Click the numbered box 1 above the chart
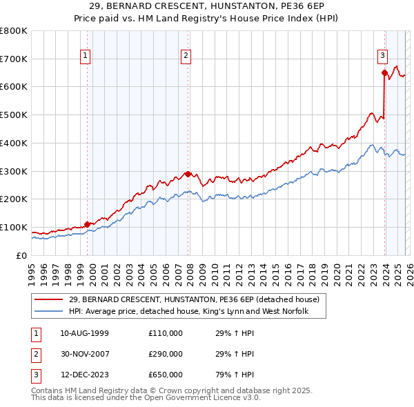[86, 57]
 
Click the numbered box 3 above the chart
[382, 57]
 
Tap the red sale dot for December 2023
[384, 72]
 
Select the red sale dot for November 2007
[188, 174]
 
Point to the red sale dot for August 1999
[87, 224]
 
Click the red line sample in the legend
[49, 300]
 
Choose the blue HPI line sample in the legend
[49, 312]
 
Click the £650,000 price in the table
[166, 376]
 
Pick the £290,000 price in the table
[166, 355]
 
